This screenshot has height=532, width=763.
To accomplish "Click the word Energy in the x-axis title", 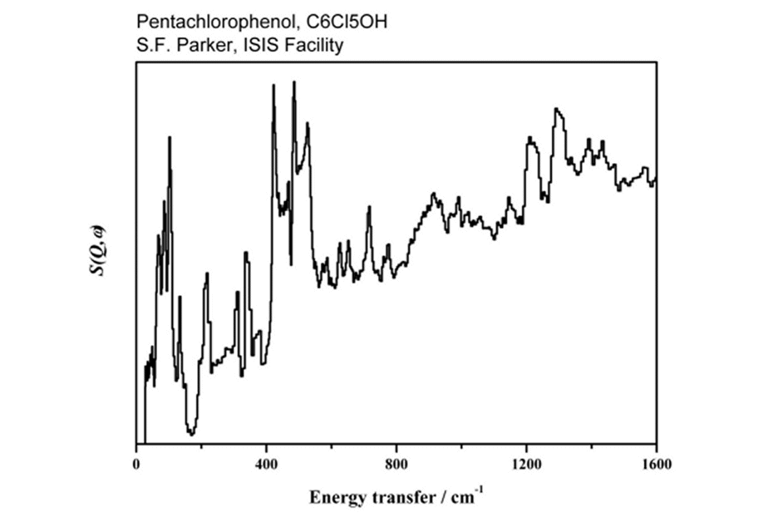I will coord(337,498).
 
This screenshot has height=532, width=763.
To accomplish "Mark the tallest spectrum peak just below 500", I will coord(294,83).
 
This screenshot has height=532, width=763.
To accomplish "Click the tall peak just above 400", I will coord(273,86).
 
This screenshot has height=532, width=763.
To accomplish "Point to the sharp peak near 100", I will coord(170,138).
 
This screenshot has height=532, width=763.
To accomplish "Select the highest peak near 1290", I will coord(556,109).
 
